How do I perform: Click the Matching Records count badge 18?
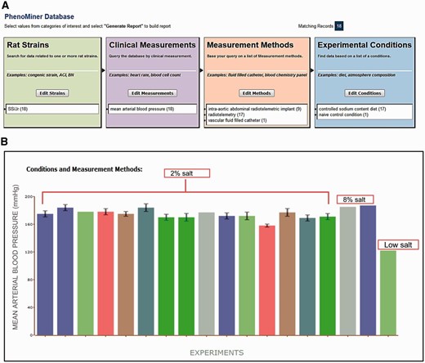407,26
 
